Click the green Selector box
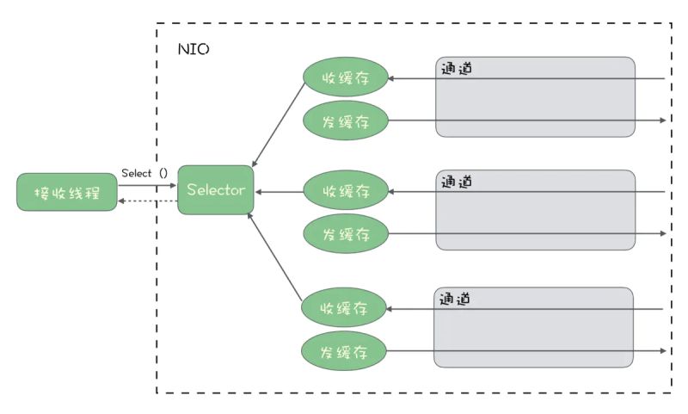click(216, 190)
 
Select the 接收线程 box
click(67, 193)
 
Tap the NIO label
click(193, 49)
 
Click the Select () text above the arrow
click(144, 173)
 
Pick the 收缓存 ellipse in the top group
click(345, 78)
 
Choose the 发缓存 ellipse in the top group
click(345, 120)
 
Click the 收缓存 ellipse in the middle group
click(345, 190)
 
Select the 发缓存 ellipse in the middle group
click(345, 233)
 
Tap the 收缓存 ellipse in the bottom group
click(343, 308)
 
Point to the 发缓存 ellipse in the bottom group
click(343, 350)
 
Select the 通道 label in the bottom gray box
click(456, 300)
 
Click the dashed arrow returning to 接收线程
click(147, 201)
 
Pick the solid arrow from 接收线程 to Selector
click(147, 183)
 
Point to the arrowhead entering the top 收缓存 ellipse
click(392, 78)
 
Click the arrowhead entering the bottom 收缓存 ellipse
click(390, 308)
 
